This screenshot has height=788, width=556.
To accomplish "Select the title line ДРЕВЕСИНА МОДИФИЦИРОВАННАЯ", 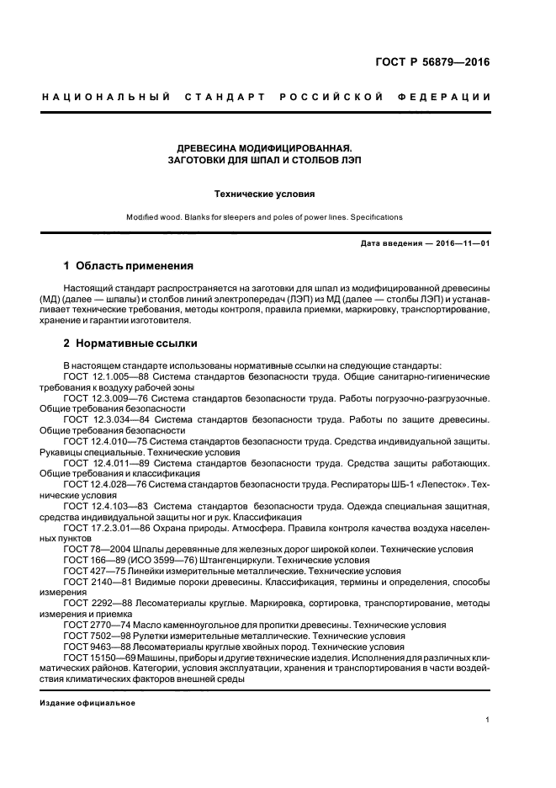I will [263, 146].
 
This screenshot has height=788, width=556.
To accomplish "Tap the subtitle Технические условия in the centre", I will [264, 194].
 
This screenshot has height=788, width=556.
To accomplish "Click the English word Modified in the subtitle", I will [144, 216].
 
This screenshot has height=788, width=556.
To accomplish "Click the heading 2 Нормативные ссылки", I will [130, 343].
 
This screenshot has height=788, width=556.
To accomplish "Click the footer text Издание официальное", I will [87, 702].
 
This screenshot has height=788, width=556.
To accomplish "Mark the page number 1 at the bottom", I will [488, 720].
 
